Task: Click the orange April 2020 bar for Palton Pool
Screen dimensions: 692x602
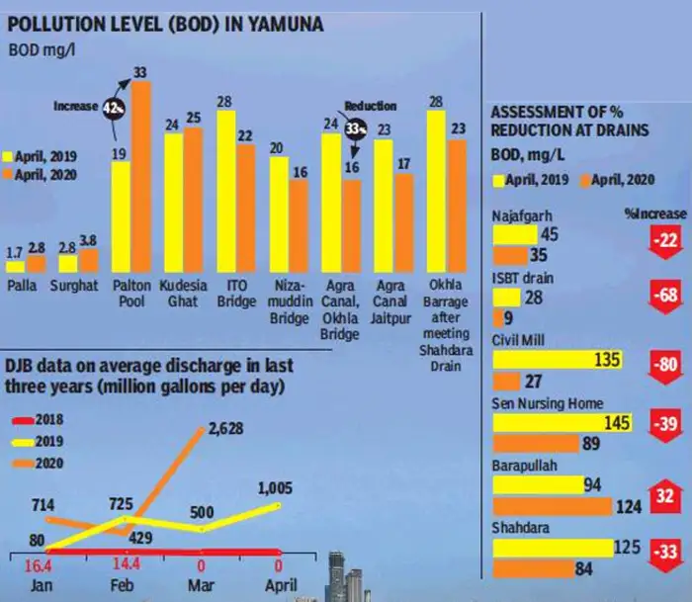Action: point(141,177)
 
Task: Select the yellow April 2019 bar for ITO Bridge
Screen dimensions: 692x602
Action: point(226,191)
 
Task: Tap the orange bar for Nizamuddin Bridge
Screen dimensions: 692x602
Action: point(299,225)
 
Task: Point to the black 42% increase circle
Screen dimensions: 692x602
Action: point(114,108)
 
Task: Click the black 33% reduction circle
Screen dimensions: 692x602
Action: point(355,129)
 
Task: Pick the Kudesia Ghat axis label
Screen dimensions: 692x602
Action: point(183,294)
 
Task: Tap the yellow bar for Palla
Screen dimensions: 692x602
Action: point(16,267)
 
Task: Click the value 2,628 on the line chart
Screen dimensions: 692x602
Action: point(226,429)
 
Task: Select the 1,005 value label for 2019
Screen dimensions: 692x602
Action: point(275,488)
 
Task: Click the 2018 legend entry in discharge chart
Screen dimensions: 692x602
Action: point(39,420)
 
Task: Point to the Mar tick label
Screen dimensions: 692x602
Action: point(201,585)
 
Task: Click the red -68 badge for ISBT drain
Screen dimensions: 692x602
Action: point(665,295)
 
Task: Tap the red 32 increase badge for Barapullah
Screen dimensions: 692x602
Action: point(665,496)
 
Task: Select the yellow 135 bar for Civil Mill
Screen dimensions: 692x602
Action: point(558,360)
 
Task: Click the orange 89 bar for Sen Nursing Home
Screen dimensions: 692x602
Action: point(536,444)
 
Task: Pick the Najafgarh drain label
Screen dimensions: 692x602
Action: point(522,216)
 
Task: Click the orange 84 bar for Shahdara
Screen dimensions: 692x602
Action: point(534,569)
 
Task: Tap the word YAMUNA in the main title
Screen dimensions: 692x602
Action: point(285,25)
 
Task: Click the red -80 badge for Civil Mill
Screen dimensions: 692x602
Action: point(665,366)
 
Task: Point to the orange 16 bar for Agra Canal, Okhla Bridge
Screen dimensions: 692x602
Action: point(352,225)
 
